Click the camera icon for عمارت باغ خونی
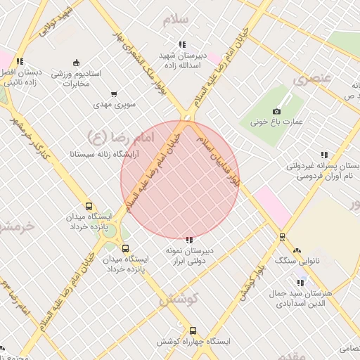pyautogui.click(x=277, y=111)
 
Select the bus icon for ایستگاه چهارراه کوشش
pyautogui.click(x=193, y=330)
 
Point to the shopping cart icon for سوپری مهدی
pyautogui.click(x=114, y=94)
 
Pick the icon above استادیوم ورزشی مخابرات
pyautogui.click(x=76, y=63)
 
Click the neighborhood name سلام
pyautogui.click(x=176, y=20)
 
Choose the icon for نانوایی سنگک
pyautogui.click(x=296, y=250)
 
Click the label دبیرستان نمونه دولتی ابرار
pyautogui.click(x=190, y=255)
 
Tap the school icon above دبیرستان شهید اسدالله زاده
pyautogui.click(x=183, y=44)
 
